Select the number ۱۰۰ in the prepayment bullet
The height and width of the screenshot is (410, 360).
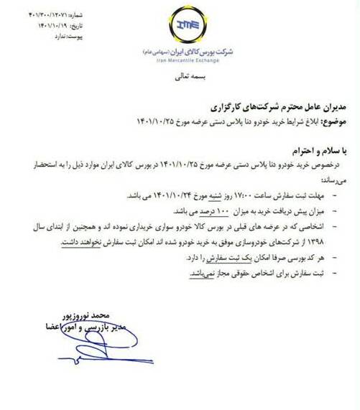tap(221, 213)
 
